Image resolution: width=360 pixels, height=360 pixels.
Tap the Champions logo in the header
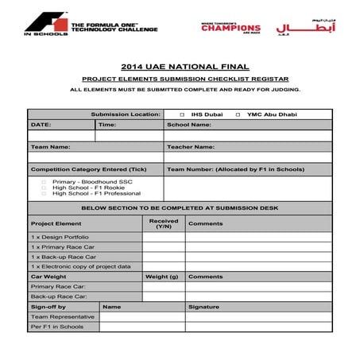[x=230, y=28]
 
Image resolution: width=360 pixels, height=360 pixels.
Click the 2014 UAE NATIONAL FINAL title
[x=180, y=67]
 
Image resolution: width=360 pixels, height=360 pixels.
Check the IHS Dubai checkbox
[x=182, y=114]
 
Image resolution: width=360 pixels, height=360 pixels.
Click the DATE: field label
[x=41, y=125]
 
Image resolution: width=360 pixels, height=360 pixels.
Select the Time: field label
[x=107, y=125]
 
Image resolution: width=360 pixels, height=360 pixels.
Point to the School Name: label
[x=188, y=125]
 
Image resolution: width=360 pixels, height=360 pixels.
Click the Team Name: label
[x=50, y=147]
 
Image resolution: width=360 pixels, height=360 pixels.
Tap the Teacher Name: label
[x=191, y=147]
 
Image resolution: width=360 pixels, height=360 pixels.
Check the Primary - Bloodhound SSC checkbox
[x=44, y=181]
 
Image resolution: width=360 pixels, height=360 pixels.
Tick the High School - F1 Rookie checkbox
[x=44, y=188]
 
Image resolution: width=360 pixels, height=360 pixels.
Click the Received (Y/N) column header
[x=164, y=223]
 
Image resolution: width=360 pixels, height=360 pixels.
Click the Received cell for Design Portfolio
[x=164, y=237]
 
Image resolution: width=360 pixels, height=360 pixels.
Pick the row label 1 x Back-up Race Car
[x=64, y=257]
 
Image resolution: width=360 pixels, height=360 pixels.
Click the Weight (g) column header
[x=161, y=277]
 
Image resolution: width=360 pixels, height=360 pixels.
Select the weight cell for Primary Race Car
[x=164, y=286]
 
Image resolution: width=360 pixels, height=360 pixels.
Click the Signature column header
[x=203, y=306]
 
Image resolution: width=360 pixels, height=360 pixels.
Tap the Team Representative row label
[x=63, y=316]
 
